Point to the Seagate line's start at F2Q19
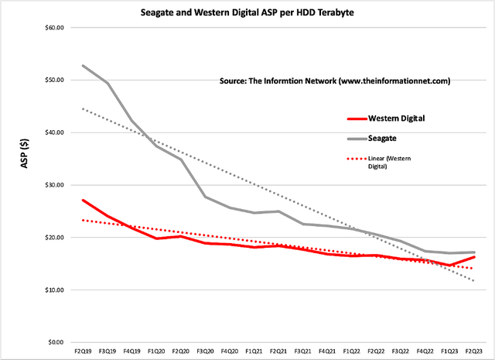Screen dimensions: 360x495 pos(82,66)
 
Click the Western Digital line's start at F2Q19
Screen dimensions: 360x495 pos(82,201)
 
